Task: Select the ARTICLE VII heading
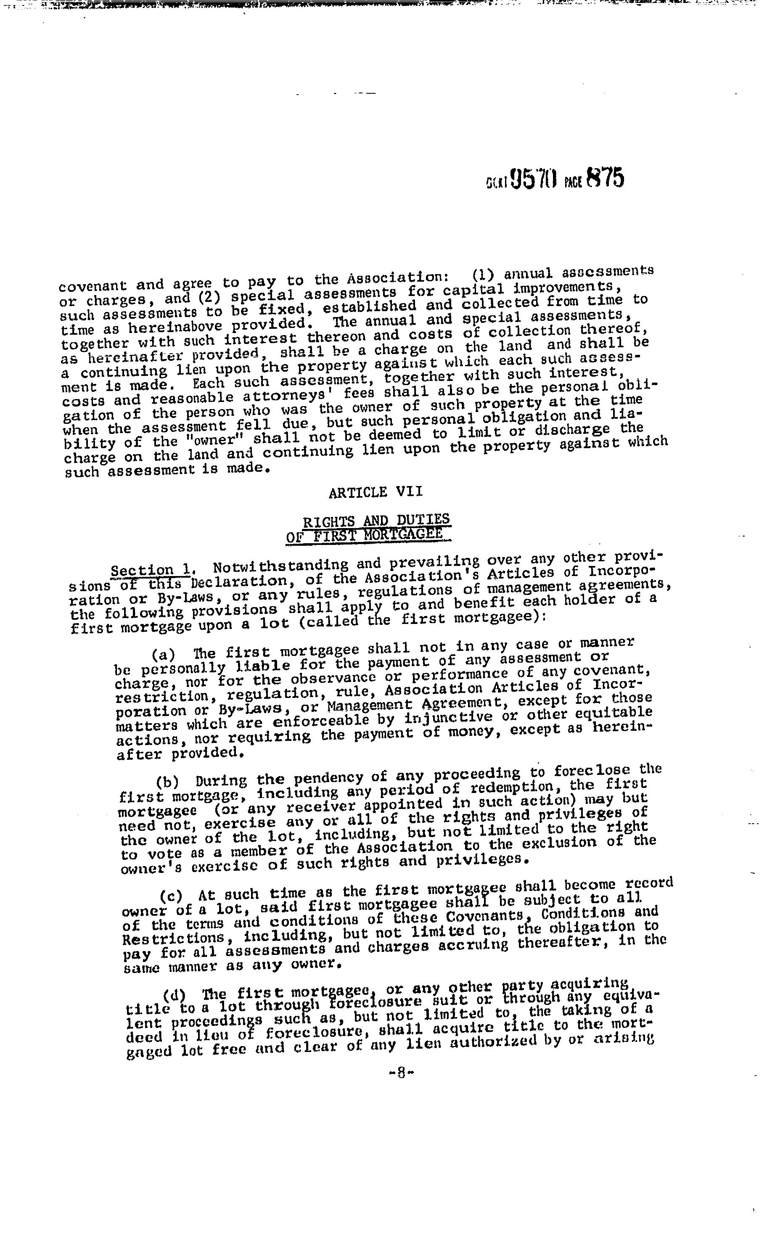pyautogui.click(x=376, y=492)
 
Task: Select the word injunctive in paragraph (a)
pyautogui.click(x=448, y=718)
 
